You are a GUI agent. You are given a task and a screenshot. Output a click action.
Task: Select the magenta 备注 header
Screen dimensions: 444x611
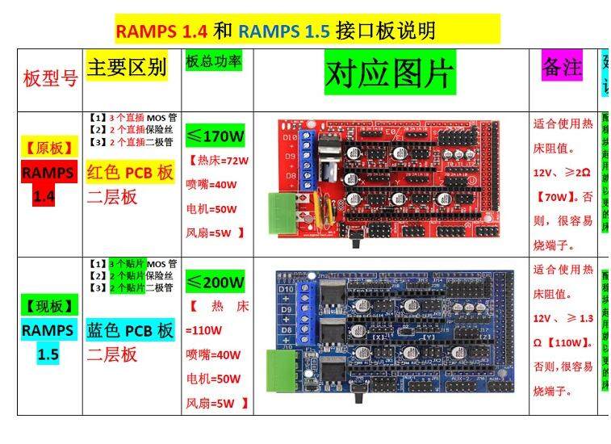pyautogui.click(x=562, y=68)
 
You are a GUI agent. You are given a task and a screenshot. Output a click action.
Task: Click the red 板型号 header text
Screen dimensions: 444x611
pyautogui.click(x=50, y=78)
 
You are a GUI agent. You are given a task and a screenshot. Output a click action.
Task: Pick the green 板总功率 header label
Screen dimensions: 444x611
pyautogui.click(x=213, y=61)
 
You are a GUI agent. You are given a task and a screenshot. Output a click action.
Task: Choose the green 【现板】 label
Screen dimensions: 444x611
pyautogui.click(x=50, y=306)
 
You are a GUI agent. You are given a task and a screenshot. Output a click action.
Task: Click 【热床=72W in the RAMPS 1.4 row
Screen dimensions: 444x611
pyautogui.click(x=219, y=160)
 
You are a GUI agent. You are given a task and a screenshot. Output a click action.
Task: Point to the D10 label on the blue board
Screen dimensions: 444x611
pyautogui.click(x=285, y=288)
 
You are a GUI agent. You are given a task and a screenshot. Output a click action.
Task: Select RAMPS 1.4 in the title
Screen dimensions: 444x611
pyautogui.click(x=161, y=31)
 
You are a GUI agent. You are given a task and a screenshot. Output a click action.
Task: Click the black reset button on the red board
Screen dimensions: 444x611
pyautogui.click(x=361, y=240)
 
